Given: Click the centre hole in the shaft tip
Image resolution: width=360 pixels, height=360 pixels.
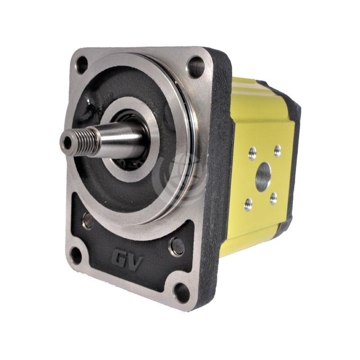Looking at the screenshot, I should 67,143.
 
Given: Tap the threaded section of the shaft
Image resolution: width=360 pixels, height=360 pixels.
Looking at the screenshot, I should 85,139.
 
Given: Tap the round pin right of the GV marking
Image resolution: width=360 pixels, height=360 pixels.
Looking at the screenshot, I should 177,246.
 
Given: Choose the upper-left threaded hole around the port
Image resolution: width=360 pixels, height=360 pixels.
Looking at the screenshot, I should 252,152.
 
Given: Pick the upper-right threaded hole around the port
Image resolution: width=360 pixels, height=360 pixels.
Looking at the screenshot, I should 277,150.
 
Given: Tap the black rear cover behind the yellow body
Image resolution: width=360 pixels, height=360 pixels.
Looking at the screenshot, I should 292,135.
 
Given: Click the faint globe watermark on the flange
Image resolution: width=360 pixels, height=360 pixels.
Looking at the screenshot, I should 180,173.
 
